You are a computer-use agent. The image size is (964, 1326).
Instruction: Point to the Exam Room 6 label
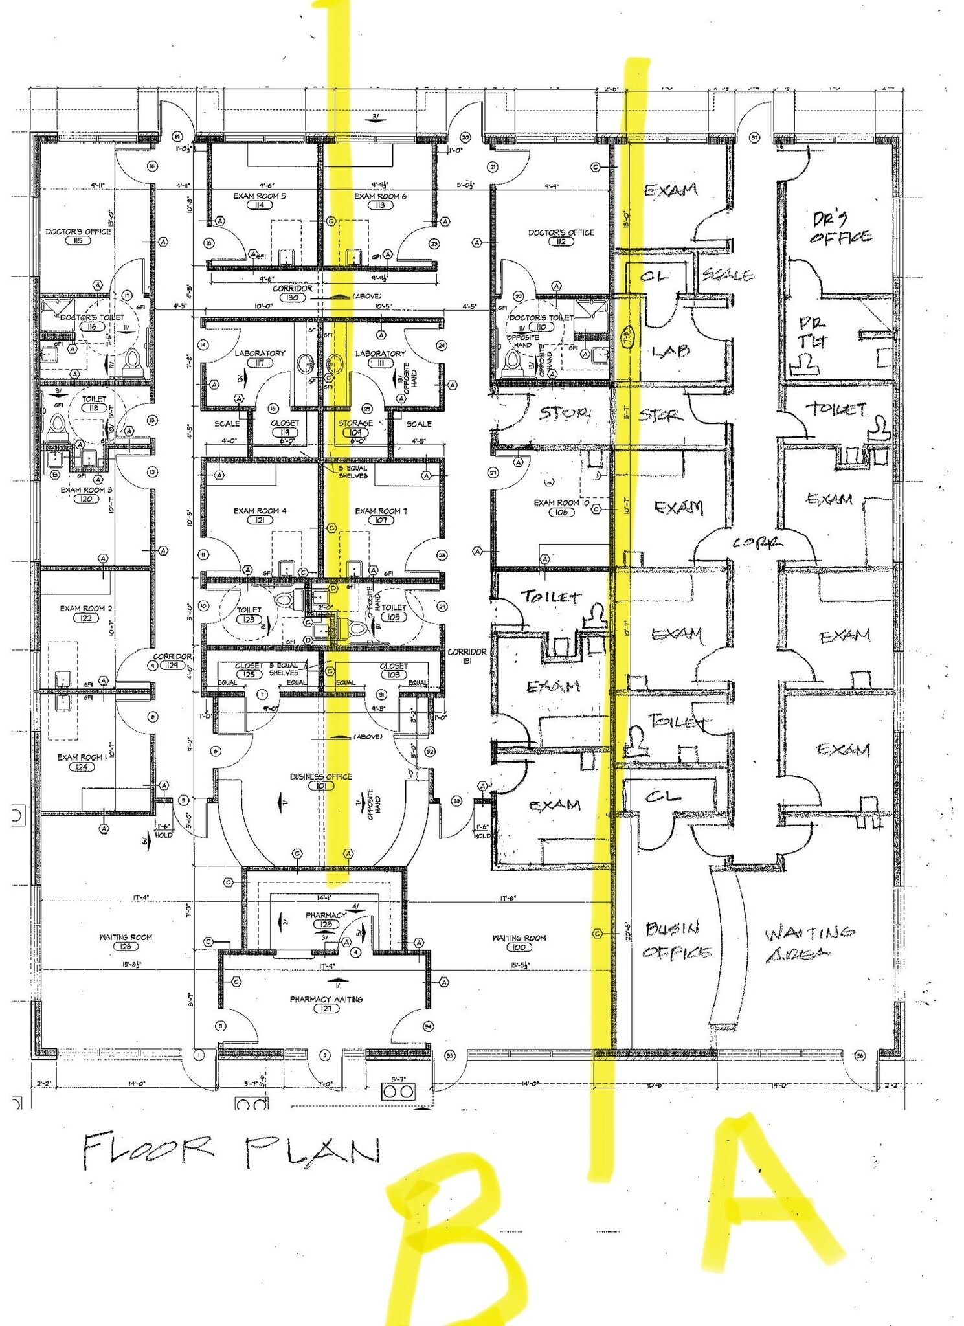(x=380, y=196)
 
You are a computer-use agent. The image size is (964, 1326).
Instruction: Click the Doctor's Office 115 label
(x=78, y=236)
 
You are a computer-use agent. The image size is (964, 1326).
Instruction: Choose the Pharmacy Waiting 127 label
(x=326, y=1004)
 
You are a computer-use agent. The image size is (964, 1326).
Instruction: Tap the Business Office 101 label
(x=320, y=781)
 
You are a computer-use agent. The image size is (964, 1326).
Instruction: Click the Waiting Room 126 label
(x=126, y=941)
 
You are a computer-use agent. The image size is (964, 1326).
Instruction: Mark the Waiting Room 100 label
(x=519, y=942)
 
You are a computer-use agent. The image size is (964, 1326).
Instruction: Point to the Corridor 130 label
(x=292, y=293)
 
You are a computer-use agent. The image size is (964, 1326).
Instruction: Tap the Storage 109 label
(x=355, y=427)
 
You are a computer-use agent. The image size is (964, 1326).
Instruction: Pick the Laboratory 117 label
(x=260, y=357)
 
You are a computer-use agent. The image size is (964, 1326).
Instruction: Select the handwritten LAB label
(x=670, y=352)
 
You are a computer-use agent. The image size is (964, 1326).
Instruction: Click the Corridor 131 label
(x=467, y=656)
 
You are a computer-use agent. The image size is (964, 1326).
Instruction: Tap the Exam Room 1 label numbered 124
(x=82, y=761)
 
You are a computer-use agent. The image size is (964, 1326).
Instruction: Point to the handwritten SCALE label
(x=728, y=275)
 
